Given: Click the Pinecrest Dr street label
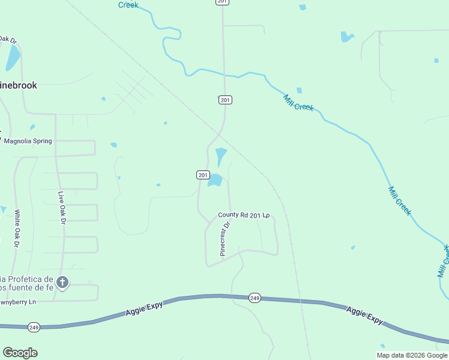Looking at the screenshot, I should [225, 239].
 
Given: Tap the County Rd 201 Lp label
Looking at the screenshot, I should [244, 215].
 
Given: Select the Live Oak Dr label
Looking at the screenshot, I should [61, 207].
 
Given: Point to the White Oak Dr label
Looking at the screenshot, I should [17, 228].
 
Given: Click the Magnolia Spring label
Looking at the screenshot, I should [28, 141].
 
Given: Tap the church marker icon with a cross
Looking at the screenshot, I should [62, 282].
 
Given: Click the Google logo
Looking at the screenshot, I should [20, 352].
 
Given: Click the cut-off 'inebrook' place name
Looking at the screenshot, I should [19, 85].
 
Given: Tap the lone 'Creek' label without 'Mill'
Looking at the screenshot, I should [128, 5].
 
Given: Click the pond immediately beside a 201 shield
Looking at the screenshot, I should [215, 179].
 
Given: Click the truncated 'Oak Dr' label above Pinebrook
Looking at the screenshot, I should [8, 40].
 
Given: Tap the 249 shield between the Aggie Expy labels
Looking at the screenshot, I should [255, 298].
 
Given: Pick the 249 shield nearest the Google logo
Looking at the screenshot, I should [34, 327].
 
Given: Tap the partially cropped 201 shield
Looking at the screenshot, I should [223, 2].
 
